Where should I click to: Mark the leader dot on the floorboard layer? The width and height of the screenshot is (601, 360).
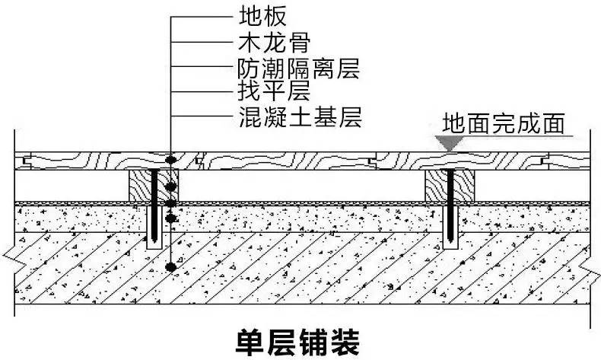tap(173, 160)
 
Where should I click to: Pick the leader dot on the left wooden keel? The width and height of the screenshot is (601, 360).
tap(173, 186)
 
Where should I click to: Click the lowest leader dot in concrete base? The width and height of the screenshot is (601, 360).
tap(173, 267)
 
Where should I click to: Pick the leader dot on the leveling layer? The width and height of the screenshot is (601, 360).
tap(173, 218)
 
